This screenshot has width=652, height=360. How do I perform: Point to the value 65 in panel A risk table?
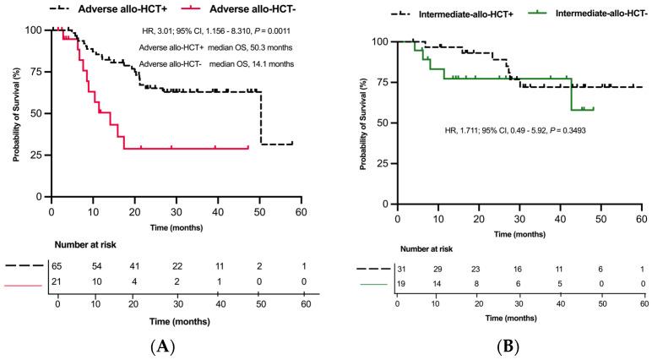coord(57,265)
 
